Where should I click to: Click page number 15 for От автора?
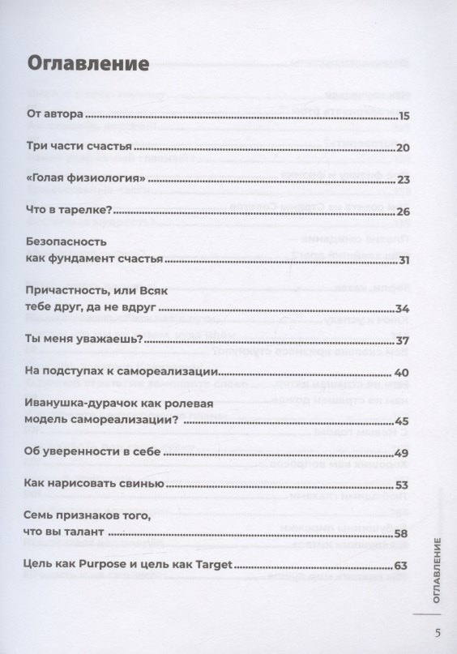tap(404, 116)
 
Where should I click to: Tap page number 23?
tap(404, 180)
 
